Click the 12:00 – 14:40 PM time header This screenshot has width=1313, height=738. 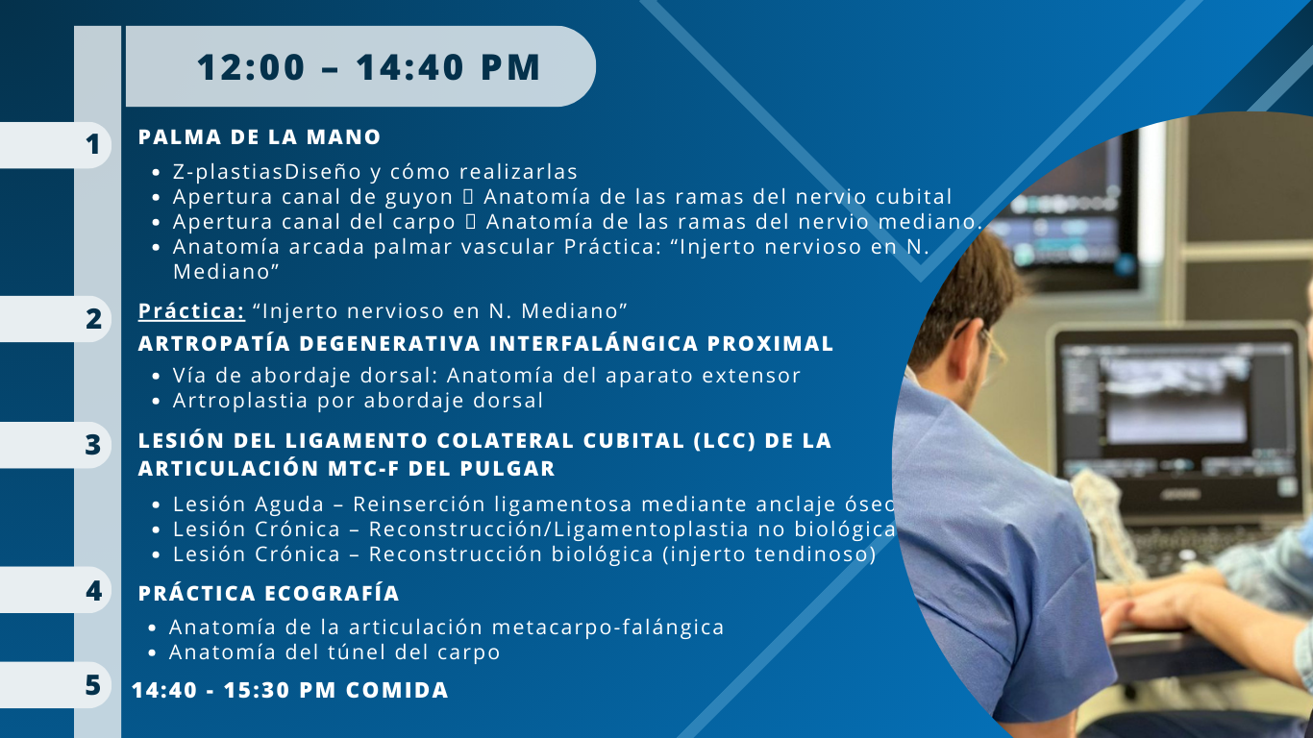pyautogui.click(x=368, y=67)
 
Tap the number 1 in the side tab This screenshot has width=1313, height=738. pyautogui.click(x=92, y=145)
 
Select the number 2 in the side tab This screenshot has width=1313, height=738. pyautogui.click(x=93, y=319)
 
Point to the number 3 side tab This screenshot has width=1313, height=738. pyautogui.click(x=93, y=445)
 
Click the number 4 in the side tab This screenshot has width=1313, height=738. pyautogui.click(x=94, y=590)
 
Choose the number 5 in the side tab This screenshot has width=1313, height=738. pyautogui.click(x=93, y=684)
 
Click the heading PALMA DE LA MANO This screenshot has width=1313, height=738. pyautogui.click(x=260, y=137)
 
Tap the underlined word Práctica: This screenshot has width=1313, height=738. pyautogui.click(x=191, y=310)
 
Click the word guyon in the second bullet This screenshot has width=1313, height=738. pyautogui.click(x=419, y=198)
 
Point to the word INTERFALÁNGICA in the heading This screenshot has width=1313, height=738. pyautogui.click(x=594, y=343)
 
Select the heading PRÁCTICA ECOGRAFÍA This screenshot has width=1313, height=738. pyautogui.click(x=269, y=593)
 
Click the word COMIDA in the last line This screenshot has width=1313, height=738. pyautogui.click(x=397, y=690)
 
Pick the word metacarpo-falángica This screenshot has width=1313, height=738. pyautogui.click(x=607, y=627)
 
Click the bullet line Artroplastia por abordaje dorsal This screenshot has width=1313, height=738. pyautogui.click(x=359, y=401)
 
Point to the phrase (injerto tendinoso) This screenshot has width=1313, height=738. pyautogui.click(x=769, y=554)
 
